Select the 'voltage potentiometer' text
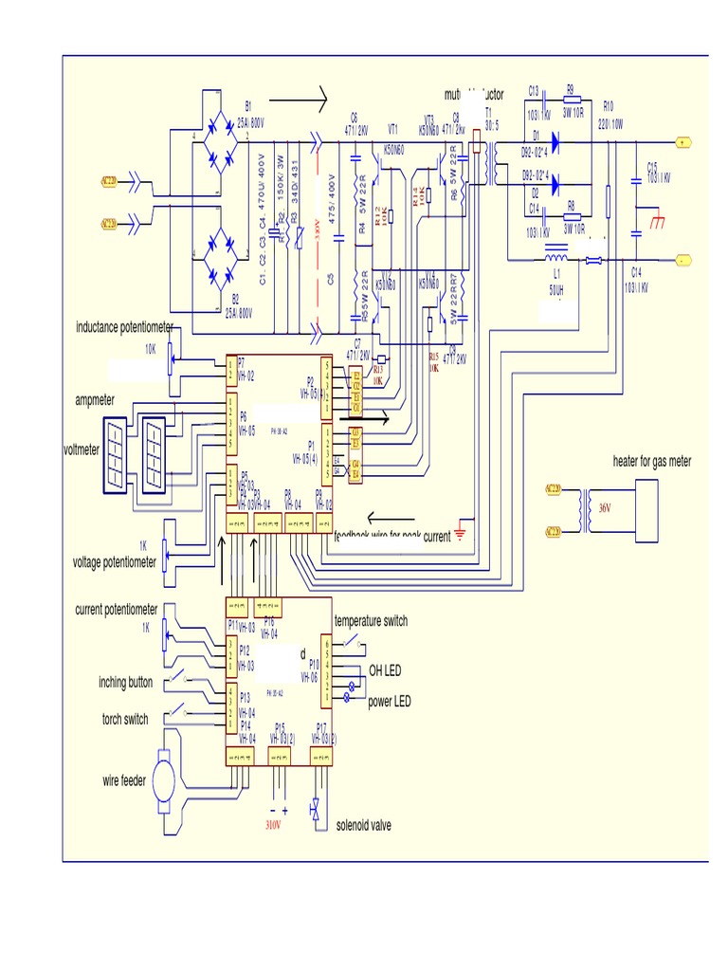point(115,562)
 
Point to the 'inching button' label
point(125,683)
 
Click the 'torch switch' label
point(124,720)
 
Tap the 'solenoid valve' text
point(363,826)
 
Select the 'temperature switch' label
point(371,621)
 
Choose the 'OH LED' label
point(385,671)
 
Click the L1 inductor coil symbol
point(556,258)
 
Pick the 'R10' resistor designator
point(609,106)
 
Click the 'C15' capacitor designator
point(651,165)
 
